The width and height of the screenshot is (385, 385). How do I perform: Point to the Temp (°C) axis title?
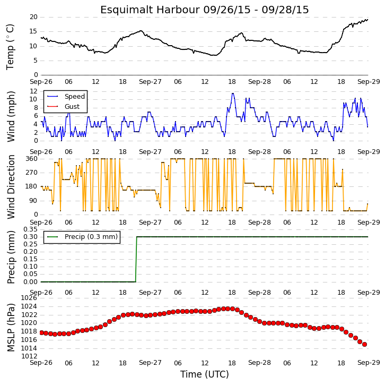coord(10,47)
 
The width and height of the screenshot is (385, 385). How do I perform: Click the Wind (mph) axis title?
coord(11,116)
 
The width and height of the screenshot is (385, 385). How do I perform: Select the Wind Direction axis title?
coord(11,187)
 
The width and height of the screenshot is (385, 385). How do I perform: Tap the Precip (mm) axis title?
coord(11,257)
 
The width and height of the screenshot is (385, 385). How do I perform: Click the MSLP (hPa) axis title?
coord(11,328)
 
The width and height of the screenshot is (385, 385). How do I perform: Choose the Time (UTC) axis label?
coord(205,374)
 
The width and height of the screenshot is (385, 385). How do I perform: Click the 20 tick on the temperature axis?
coord(33,17)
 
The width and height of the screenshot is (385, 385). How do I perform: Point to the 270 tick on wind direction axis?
coord(31,173)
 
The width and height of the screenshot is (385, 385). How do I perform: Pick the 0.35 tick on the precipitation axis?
coord(30,229)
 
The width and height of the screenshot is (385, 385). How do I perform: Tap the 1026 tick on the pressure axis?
coord(29,298)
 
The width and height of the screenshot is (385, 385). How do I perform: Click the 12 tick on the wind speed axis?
coord(33,91)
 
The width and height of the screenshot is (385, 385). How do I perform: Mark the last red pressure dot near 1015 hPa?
coord(365,345)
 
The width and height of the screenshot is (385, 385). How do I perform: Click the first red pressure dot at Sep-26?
coord(41,332)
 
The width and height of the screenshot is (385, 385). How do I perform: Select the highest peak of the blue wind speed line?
coord(233,93)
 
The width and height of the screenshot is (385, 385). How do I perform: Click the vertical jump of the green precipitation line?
coord(136,259)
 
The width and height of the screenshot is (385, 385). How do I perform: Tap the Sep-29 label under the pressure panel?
coord(369,363)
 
